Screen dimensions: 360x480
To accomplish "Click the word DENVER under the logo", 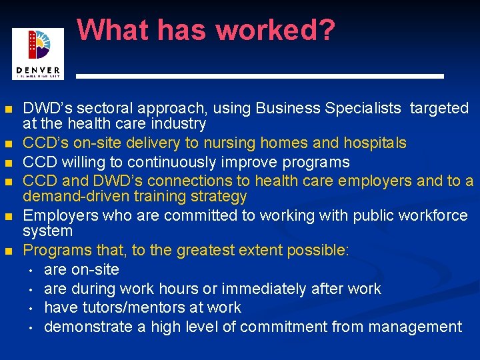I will click(38, 70).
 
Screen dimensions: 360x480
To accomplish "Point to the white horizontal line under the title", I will click(260, 77).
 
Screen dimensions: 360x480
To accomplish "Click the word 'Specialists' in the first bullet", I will click(363, 109).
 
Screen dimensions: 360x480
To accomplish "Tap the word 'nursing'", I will click(234, 143).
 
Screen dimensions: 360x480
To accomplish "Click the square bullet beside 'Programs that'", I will click(8, 251).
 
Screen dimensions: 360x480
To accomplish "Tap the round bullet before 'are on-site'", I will click(31, 270).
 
